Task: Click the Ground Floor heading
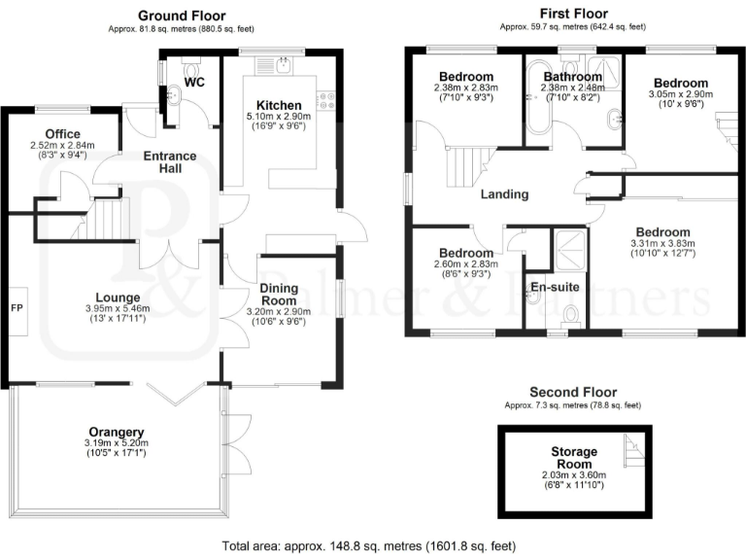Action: pos(182,16)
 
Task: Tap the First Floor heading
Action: pos(573,14)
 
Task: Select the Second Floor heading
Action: pos(573,392)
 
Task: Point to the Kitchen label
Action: pos(278,105)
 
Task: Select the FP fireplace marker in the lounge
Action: pos(17,308)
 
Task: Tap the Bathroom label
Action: pos(572,76)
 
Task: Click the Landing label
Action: pos(505,194)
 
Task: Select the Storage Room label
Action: pos(573,458)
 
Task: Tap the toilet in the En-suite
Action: pos(572,313)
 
